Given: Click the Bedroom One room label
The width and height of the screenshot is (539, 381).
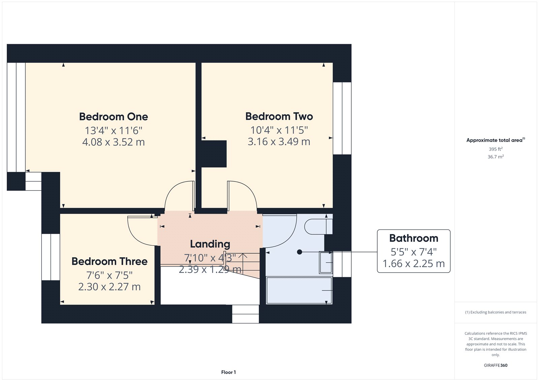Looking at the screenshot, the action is click(x=114, y=117).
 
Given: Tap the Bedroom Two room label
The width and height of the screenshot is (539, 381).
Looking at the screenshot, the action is click(x=279, y=116).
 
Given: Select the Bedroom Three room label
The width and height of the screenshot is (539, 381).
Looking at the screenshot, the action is click(x=109, y=261).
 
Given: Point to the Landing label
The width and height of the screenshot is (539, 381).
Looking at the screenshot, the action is click(x=210, y=244).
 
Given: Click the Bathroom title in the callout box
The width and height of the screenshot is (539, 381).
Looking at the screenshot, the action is click(x=414, y=238).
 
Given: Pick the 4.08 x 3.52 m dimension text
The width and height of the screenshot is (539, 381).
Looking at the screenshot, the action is click(x=114, y=142).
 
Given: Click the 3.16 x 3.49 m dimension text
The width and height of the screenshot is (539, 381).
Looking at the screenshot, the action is click(x=279, y=141).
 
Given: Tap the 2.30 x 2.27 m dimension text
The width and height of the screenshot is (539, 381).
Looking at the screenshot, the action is click(x=109, y=287).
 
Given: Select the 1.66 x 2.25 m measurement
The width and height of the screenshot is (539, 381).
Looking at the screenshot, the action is click(x=414, y=263).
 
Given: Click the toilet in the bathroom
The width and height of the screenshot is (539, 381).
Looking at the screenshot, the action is click(x=318, y=226).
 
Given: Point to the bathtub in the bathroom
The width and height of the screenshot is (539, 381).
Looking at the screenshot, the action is click(x=299, y=290).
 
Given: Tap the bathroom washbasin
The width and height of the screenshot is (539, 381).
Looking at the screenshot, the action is click(x=326, y=262).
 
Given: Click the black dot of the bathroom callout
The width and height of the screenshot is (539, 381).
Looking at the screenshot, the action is click(x=299, y=252).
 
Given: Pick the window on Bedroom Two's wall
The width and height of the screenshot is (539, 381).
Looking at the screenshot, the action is click(x=342, y=118).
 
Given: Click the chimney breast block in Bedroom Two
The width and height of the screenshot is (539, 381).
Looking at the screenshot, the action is click(x=214, y=154).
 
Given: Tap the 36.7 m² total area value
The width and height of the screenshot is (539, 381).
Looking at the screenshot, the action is click(x=496, y=157).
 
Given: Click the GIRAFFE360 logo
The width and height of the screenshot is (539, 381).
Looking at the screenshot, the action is click(x=496, y=365).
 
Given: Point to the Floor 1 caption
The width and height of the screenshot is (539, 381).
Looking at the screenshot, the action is click(x=229, y=372).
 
